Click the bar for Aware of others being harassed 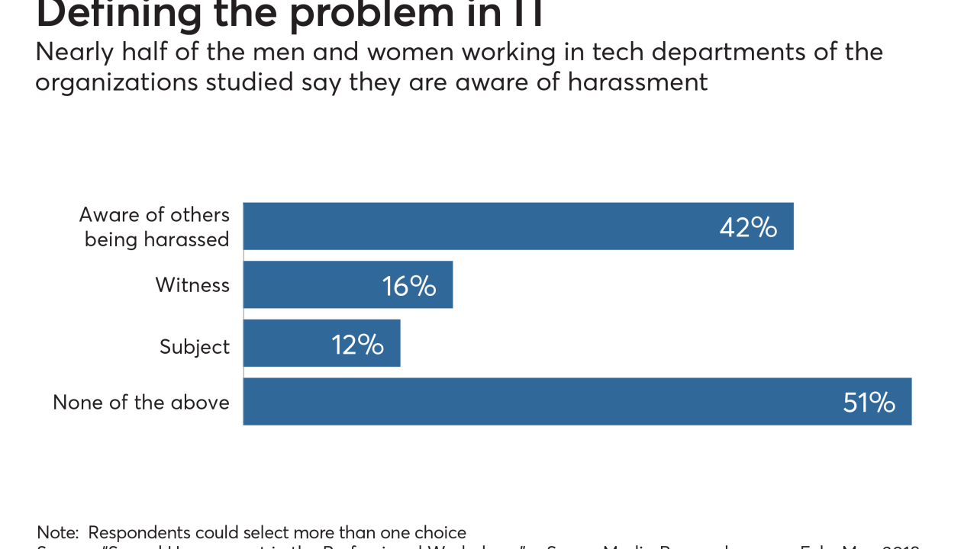473,226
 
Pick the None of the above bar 534,401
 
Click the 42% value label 748,227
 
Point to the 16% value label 409,286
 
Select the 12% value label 357,345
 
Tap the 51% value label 869,403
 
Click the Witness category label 192,285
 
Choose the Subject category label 195,347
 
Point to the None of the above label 141,403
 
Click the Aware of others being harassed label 154,227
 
